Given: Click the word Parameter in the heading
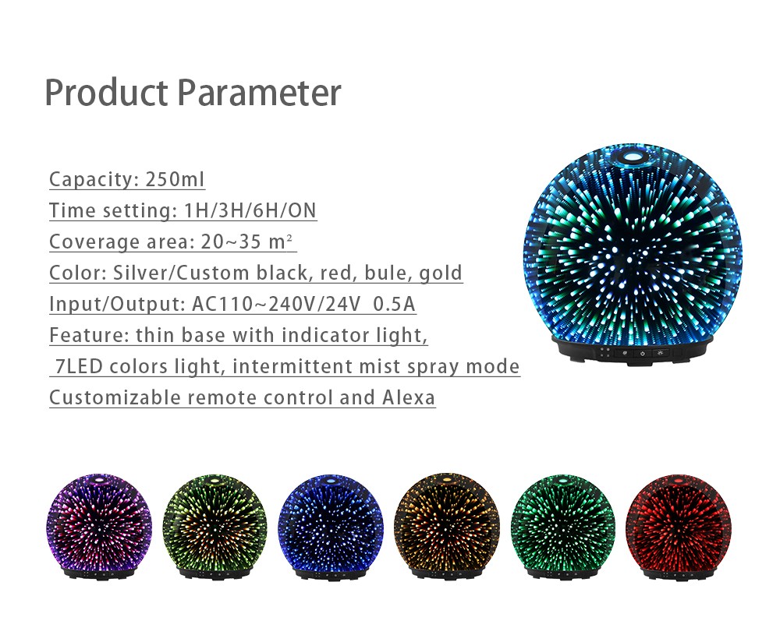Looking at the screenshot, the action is tap(259, 93).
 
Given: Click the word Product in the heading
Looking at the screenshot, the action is tap(106, 93).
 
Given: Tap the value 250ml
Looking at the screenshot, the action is tap(175, 179).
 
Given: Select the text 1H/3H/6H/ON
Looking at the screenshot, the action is tap(250, 210).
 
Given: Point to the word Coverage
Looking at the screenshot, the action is tap(94, 242).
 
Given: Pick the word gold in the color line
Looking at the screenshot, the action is tap(441, 273).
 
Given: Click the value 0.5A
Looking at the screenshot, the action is tap(393, 304).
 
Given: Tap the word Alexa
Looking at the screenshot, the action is tap(409, 397).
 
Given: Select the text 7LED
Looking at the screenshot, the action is tap(79, 367).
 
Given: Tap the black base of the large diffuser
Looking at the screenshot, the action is tap(633, 351).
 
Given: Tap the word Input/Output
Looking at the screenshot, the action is tap(118, 305).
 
